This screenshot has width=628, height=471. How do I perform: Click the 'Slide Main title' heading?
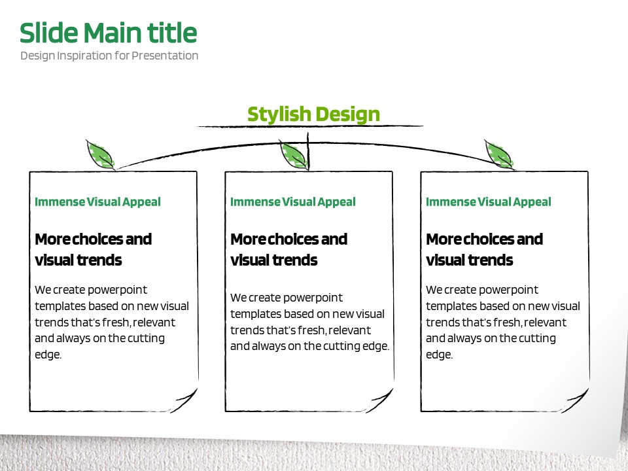click(x=108, y=33)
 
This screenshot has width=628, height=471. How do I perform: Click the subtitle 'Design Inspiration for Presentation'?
click(x=109, y=56)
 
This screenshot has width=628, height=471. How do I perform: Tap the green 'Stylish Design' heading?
click(x=313, y=114)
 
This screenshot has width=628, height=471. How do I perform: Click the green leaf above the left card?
click(x=100, y=154)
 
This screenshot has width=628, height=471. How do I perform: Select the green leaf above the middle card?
click(x=294, y=156)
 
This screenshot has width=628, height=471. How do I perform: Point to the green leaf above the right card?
click(x=499, y=154)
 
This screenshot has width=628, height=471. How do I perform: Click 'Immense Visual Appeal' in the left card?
click(x=97, y=202)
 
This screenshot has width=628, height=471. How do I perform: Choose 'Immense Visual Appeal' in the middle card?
click(x=293, y=202)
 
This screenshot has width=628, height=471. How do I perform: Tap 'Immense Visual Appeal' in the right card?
click(x=489, y=202)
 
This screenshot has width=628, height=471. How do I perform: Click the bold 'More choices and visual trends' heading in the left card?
click(x=94, y=249)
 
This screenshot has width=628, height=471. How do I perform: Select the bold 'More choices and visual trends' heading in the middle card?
click(x=288, y=249)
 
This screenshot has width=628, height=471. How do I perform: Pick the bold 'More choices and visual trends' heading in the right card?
click(x=485, y=249)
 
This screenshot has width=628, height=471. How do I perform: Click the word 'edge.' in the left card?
click(x=48, y=355)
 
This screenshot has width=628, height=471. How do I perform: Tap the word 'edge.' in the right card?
click(x=440, y=355)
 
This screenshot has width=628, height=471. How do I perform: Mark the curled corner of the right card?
click(x=576, y=400)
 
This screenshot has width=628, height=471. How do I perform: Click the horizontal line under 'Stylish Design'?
click(x=309, y=126)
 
